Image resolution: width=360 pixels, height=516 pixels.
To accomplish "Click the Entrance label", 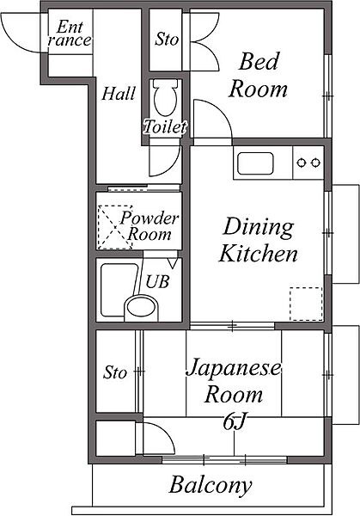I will pyautogui.click(x=70, y=35).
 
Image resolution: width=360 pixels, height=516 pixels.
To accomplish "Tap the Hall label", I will pyautogui.click(x=119, y=94).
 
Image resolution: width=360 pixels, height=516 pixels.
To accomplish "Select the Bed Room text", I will pyautogui.click(x=262, y=74).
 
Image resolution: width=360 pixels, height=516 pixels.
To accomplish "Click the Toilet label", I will pyautogui.click(x=164, y=127).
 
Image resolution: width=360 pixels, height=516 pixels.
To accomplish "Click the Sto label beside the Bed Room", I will pyautogui.click(x=167, y=40).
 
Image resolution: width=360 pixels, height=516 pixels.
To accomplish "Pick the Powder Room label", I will pyautogui.click(x=149, y=226).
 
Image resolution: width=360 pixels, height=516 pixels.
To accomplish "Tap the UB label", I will pyautogui.click(x=156, y=280).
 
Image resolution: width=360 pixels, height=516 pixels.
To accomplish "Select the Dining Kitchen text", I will pyautogui.click(x=259, y=241).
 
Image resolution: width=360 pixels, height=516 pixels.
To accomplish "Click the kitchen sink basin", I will pyautogui.click(x=255, y=162).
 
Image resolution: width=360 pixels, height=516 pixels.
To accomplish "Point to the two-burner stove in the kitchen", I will pyautogui.click(x=308, y=162).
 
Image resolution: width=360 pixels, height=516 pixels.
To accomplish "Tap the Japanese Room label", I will pyautogui.click(x=233, y=382).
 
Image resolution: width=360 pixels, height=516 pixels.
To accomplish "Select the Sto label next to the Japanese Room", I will pyautogui.click(x=115, y=373).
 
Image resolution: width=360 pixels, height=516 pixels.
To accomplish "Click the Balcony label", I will pyautogui.click(x=211, y=486).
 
